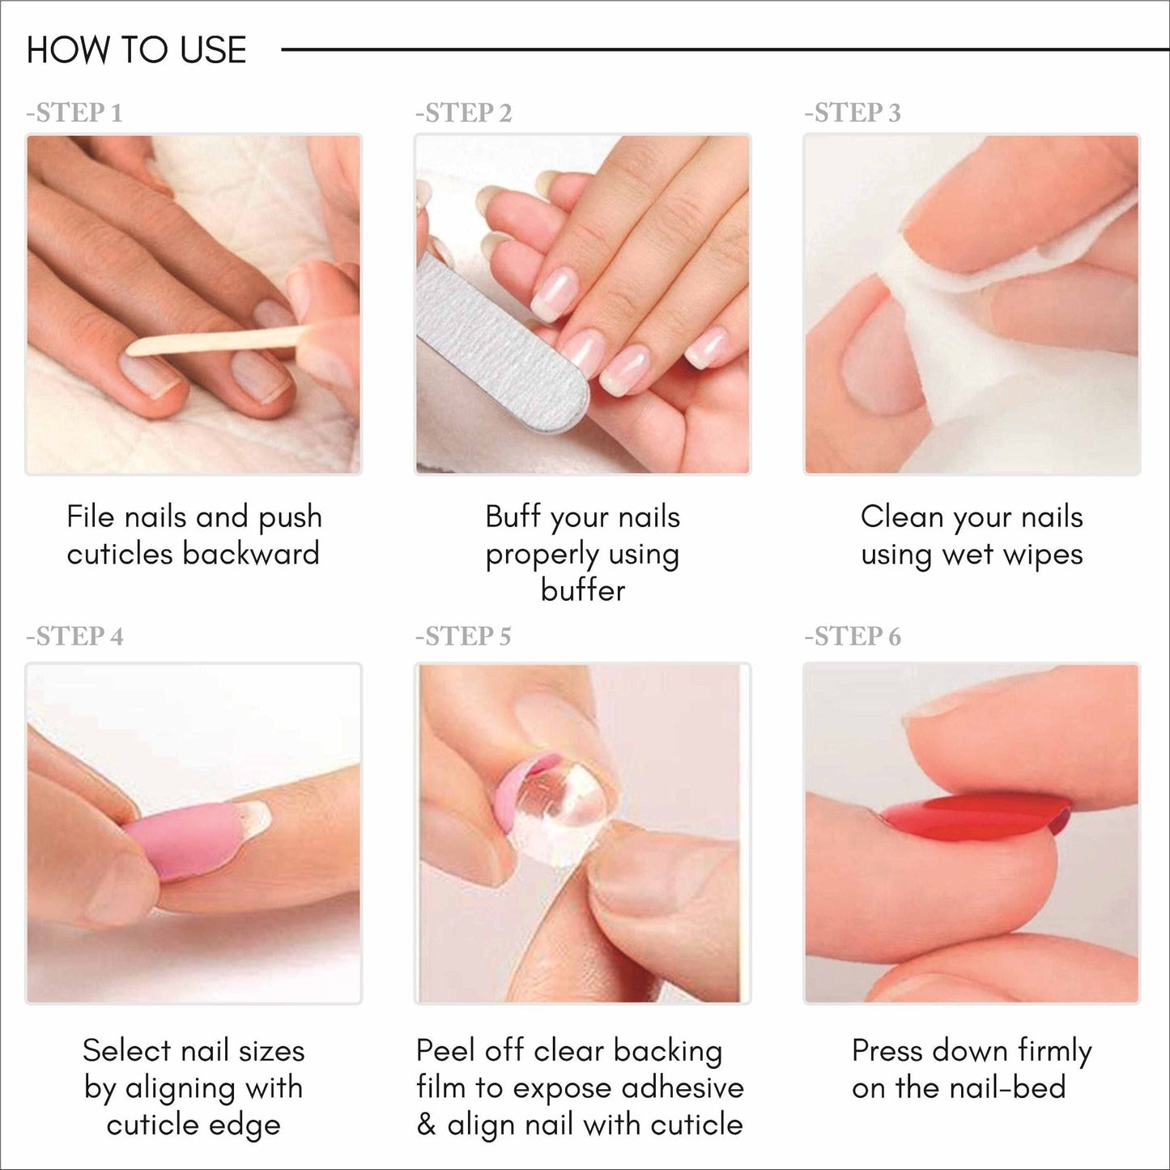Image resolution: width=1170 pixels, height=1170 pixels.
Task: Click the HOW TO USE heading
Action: [x=136, y=50]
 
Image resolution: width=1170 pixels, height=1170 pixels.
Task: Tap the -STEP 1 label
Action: [x=74, y=113]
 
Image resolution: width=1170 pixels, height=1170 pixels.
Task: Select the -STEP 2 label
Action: [x=463, y=113]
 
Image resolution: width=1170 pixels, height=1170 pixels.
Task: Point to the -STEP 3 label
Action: [x=852, y=113]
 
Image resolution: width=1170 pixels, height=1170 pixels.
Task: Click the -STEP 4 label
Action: [x=74, y=636]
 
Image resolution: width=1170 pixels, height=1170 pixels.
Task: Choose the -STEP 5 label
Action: [x=463, y=636]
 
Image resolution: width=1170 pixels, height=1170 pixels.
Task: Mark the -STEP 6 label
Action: [x=852, y=636]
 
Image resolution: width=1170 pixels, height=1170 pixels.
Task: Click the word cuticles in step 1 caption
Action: [x=120, y=554]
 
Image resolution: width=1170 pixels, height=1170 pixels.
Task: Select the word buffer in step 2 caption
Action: [x=582, y=590]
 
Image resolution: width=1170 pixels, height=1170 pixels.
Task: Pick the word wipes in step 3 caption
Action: [x=1042, y=555]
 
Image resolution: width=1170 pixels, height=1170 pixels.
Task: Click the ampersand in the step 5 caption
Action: [x=426, y=1125]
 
